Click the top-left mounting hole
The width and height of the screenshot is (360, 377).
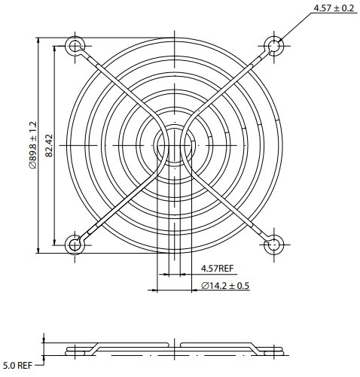[x=75, y=46]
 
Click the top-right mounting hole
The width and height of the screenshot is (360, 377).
[x=276, y=46]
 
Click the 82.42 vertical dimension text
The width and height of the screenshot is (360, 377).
[x=49, y=144]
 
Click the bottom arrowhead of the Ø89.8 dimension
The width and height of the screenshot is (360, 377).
[x=38, y=248]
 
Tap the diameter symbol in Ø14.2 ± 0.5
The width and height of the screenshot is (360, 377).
[x=206, y=286]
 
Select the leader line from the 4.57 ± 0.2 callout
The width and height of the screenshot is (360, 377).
[x=296, y=27]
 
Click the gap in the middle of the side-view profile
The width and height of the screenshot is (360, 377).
[x=175, y=347]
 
